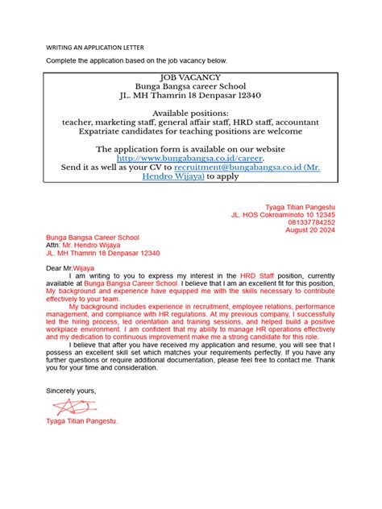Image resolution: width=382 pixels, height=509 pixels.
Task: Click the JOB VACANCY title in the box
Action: coord(190,75)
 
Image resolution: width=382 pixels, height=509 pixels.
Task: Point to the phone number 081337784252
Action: coord(311,222)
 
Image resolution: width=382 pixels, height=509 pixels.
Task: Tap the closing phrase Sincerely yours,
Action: coord(71,390)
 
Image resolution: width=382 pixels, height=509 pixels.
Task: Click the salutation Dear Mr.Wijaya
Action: coord(70,267)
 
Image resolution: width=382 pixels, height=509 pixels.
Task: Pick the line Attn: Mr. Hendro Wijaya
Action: coord(83,246)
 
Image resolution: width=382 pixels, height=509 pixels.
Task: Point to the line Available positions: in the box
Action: coord(190,113)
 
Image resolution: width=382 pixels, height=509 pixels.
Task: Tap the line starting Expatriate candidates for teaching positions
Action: coord(190,131)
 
